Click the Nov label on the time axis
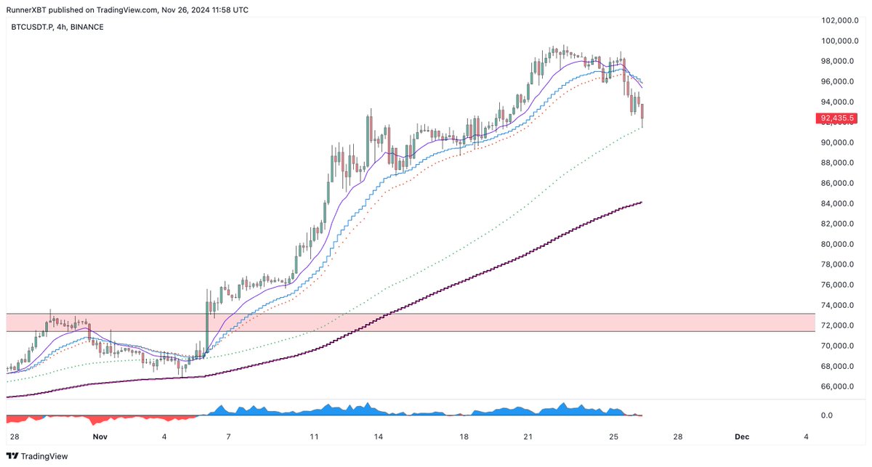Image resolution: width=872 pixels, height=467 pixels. pyautogui.click(x=100, y=436)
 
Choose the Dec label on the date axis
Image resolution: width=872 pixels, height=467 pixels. pyautogui.click(x=741, y=436)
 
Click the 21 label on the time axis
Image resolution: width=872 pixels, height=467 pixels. pyautogui.click(x=528, y=436)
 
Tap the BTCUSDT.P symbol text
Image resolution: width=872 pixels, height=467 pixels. pyautogui.click(x=31, y=27)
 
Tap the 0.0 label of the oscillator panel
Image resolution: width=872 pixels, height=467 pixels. pyautogui.click(x=826, y=415)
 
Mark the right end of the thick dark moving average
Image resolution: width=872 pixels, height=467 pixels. pyautogui.click(x=639, y=203)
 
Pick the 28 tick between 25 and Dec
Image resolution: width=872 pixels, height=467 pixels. pyautogui.click(x=677, y=436)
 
